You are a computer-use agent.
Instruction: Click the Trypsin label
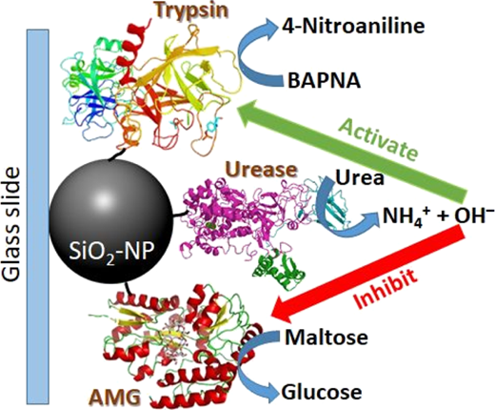pyautogui.click(x=192, y=10)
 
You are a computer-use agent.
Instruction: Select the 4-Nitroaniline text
pyautogui.click(x=353, y=26)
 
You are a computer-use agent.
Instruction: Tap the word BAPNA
pyautogui.click(x=324, y=81)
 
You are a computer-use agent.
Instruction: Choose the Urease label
pyautogui.click(x=263, y=170)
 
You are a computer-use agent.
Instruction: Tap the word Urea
pyautogui.click(x=360, y=178)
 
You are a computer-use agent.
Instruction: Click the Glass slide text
pyautogui.click(x=12, y=225)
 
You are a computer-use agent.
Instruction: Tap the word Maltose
pyautogui.click(x=327, y=338)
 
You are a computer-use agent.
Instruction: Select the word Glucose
pyautogui.click(x=322, y=392)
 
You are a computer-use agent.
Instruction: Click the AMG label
pyautogui.click(x=116, y=397)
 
